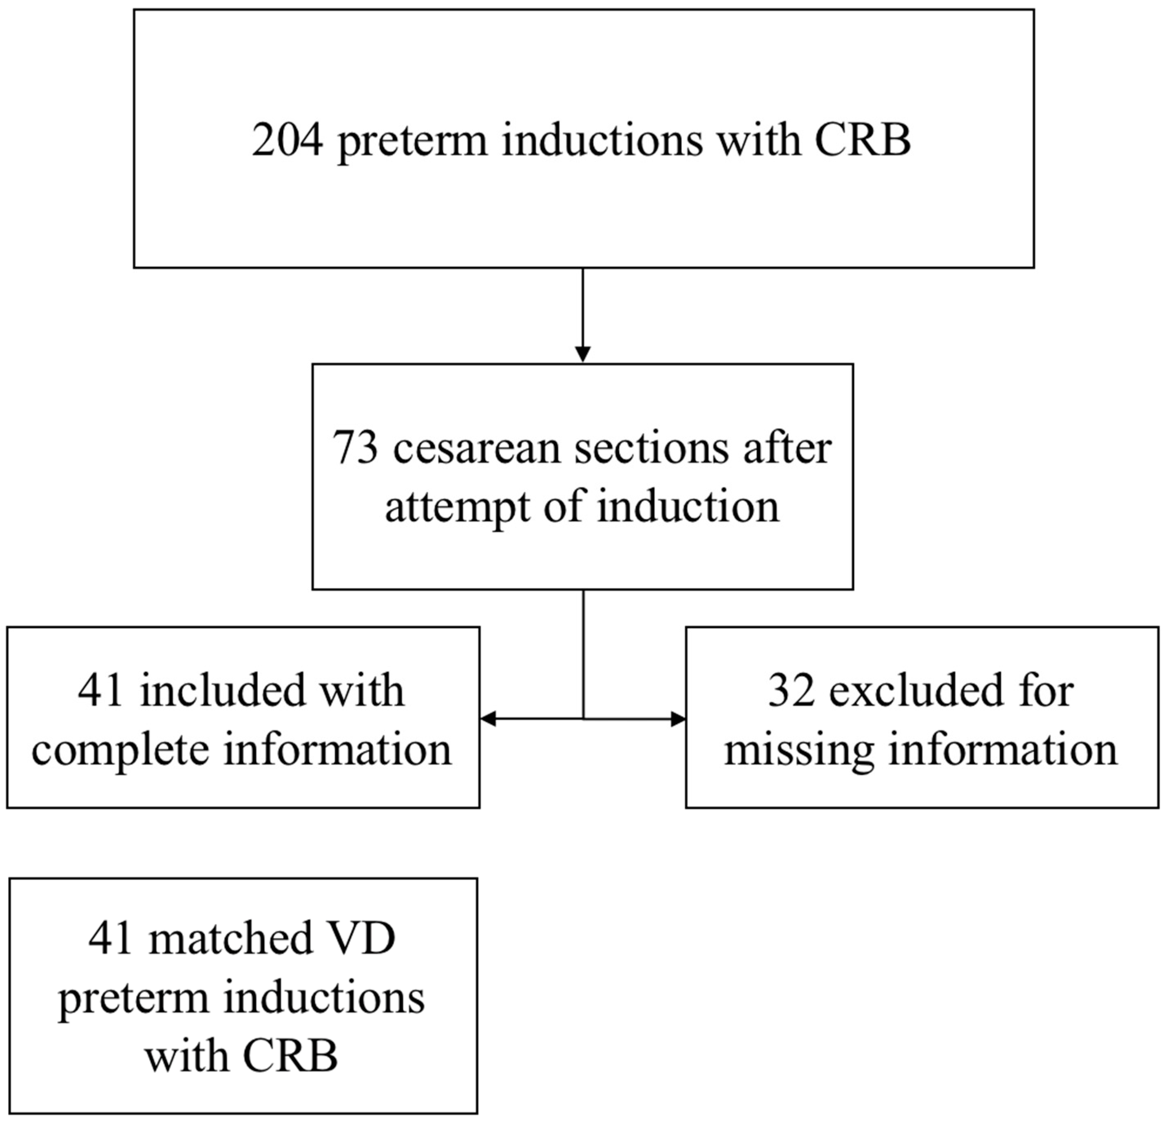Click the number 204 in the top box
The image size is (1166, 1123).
288,141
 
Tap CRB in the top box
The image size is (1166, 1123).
862,141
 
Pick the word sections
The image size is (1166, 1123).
651,448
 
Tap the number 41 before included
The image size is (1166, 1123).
101,691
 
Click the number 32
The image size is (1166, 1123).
791,691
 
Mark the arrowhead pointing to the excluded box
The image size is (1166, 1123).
678,719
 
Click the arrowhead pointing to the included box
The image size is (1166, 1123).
488,719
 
